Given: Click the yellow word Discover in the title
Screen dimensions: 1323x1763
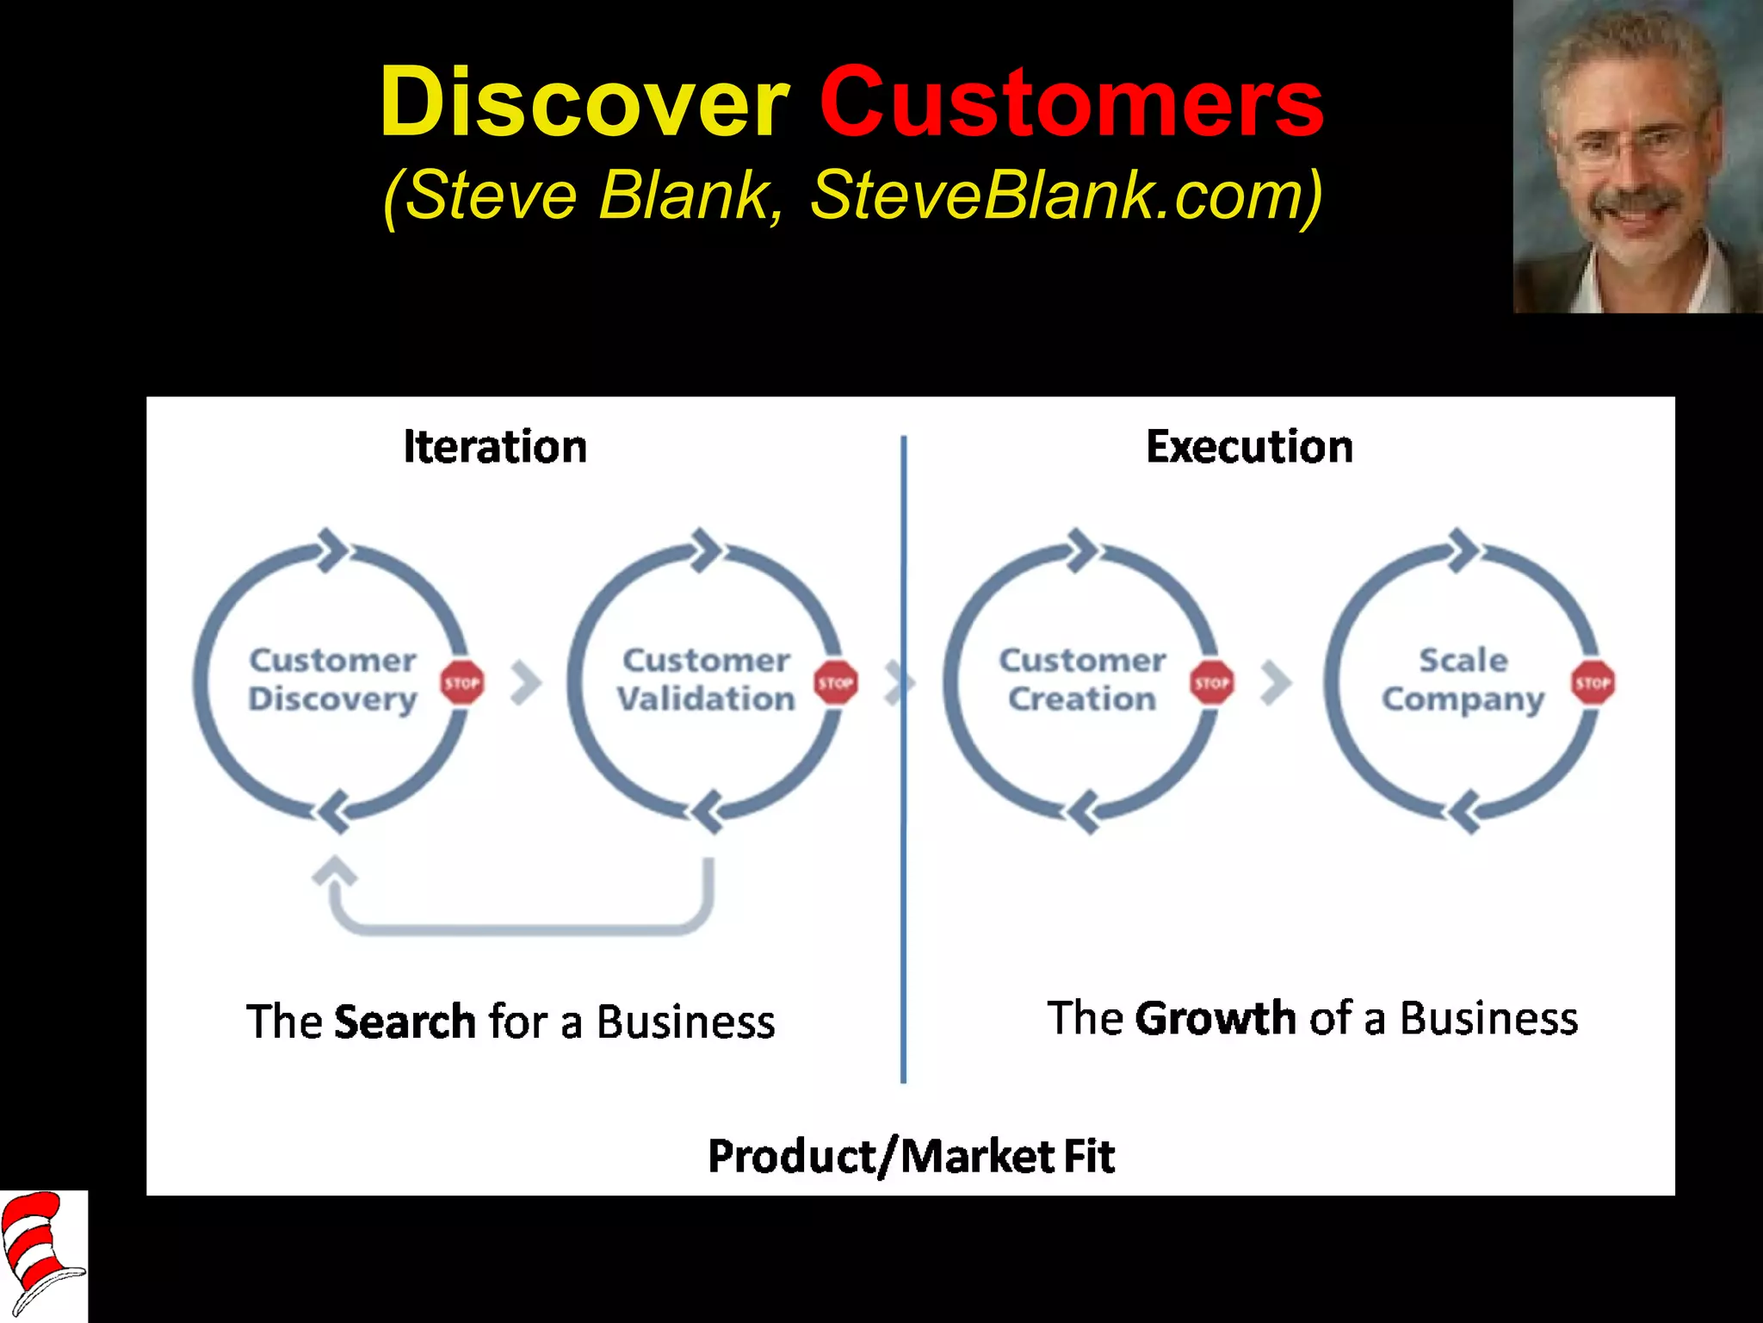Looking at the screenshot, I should coord(584,103).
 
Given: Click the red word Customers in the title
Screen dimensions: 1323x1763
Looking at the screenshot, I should coord(1071,103).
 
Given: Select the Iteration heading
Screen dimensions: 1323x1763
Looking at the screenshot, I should coord(495,447).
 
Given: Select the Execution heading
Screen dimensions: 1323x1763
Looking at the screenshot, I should coord(1249,447).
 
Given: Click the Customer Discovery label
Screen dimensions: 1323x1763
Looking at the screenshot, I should coord(333,680).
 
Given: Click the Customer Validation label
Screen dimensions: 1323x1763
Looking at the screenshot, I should coord(706,680).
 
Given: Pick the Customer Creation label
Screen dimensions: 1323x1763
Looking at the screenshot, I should coord(1082,680).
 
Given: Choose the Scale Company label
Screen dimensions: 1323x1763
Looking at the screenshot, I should coord(1463,680).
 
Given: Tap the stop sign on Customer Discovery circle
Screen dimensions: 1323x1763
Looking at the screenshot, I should coord(462,683).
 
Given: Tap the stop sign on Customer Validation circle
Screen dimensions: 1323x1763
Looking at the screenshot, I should coord(836,683).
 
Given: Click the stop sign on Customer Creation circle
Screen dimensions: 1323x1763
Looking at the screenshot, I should coord(1212,683).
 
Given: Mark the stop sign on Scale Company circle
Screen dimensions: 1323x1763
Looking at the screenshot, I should coord(1593,683).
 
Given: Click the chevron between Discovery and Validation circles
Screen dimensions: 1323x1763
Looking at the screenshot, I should coord(526,683).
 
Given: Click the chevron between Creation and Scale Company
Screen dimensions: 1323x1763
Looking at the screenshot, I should coord(1276,683).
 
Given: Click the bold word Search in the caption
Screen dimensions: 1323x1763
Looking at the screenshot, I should coord(405,1022).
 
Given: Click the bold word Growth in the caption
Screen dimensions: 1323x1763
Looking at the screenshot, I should coord(1216,1018).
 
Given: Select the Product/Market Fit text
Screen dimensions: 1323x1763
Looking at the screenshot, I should coord(911,1156).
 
